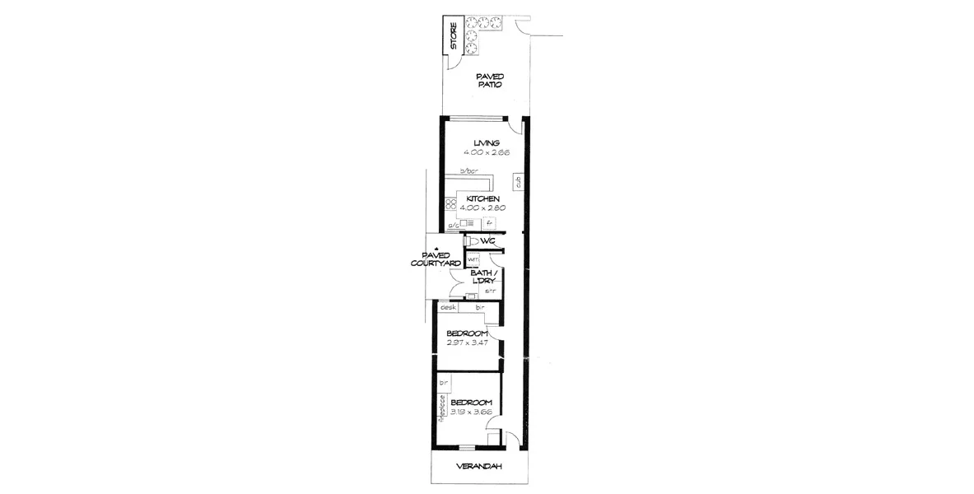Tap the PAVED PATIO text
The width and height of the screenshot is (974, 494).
(491, 80)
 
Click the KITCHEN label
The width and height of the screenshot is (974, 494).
(482, 199)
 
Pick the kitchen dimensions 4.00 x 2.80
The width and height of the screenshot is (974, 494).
(485, 208)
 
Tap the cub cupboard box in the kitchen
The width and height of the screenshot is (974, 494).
(518, 182)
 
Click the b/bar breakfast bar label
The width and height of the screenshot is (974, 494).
(468, 171)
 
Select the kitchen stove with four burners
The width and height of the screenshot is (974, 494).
(450, 203)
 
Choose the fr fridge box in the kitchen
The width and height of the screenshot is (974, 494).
(488, 222)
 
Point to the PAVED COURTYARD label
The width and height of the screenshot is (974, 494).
(437, 259)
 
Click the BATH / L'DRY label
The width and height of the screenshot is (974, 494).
(482, 277)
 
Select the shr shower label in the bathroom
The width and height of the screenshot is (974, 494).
(489, 291)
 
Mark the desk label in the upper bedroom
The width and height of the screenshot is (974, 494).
(449, 307)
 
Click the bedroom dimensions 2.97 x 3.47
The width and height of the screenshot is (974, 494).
(468, 342)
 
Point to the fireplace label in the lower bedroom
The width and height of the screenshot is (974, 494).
(442, 408)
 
